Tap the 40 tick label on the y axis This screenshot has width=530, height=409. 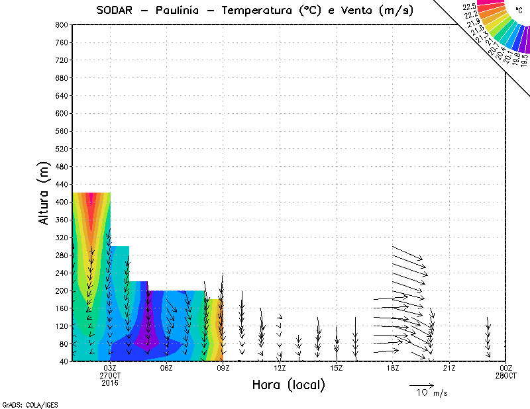(x=65, y=361)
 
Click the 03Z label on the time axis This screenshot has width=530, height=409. (x=110, y=368)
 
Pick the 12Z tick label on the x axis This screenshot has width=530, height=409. (x=280, y=368)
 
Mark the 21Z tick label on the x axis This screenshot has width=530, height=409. (x=450, y=368)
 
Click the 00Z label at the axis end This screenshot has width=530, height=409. (x=506, y=368)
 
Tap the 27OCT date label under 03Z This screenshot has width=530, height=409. (x=110, y=375)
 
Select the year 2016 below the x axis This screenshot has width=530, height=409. (x=110, y=383)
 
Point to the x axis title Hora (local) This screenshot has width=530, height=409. (x=289, y=385)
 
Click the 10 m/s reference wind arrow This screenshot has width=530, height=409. (x=421, y=385)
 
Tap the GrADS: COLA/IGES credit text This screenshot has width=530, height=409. (x=25, y=403)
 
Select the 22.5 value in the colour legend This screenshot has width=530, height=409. (x=470, y=6)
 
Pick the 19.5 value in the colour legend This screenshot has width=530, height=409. (x=524, y=60)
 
